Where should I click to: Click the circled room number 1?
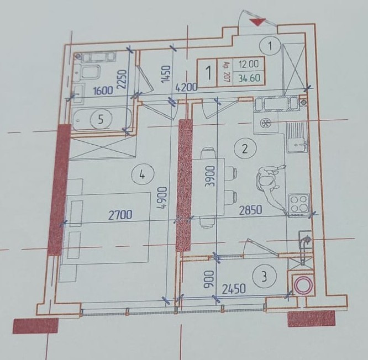click(270, 46)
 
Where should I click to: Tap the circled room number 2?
click(245, 149)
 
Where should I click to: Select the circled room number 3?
click(265, 277)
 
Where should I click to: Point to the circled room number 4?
click(143, 174)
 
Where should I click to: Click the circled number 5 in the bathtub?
click(101, 120)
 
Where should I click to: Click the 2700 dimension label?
click(120, 215)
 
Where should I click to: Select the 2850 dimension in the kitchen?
click(251, 210)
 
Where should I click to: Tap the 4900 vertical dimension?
click(163, 198)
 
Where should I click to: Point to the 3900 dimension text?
click(209, 176)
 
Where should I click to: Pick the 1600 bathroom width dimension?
click(103, 91)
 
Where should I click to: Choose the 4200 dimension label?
click(187, 87)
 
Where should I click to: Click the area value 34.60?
click(249, 78)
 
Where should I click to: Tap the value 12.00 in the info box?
click(249, 64)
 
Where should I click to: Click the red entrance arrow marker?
click(257, 22)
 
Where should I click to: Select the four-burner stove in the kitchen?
click(299, 204)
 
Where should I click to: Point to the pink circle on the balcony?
click(303, 285)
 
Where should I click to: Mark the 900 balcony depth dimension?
click(209, 279)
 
